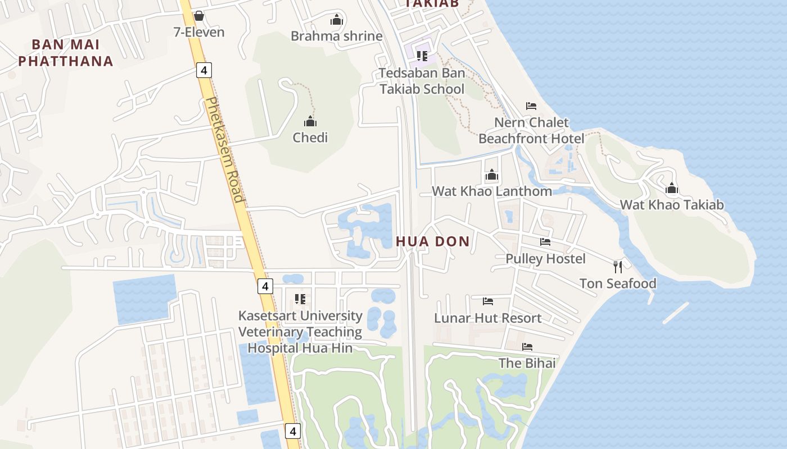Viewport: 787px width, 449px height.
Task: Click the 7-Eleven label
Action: [199, 32]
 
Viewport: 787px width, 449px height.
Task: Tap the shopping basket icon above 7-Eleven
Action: [198, 16]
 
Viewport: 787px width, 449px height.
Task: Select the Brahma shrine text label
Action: [336, 36]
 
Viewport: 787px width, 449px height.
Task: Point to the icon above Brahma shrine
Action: [337, 20]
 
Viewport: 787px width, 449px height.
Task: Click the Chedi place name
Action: [310, 138]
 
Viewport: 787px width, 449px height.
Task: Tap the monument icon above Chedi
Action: [310, 121]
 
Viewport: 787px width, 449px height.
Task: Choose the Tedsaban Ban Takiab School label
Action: [422, 81]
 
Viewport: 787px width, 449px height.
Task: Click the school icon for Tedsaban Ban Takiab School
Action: [422, 56]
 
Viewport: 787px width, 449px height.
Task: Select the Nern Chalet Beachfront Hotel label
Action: [531, 130]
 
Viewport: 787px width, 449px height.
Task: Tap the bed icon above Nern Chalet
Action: [531, 106]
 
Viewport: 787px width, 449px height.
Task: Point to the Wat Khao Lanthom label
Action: [491, 191]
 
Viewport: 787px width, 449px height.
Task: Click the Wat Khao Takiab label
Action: [672, 205]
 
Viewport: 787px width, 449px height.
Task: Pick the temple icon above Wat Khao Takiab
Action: [672, 189]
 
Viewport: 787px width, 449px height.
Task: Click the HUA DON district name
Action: [432, 242]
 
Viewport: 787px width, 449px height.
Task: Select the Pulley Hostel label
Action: [545, 259]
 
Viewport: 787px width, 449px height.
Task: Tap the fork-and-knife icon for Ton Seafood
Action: [618, 267]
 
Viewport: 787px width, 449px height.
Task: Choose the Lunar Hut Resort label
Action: [487, 318]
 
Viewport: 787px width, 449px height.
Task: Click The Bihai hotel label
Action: [527, 363]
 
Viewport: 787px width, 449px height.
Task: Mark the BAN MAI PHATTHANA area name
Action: [66, 53]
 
